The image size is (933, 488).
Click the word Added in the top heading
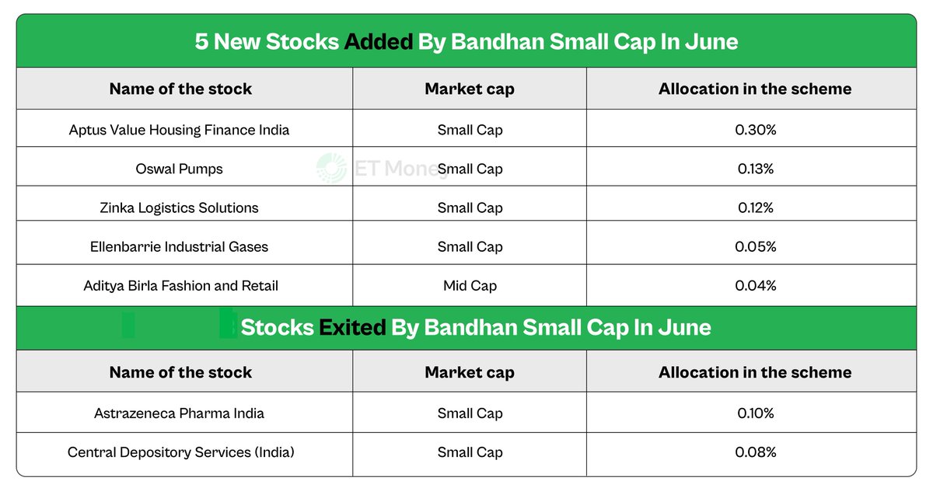[x=378, y=42]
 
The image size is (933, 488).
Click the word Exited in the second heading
[x=352, y=327]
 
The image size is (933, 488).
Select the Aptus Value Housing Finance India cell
[x=179, y=130]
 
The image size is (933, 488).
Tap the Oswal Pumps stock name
[x=179, y=169]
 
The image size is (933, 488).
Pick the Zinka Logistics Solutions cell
[x=179, y=207]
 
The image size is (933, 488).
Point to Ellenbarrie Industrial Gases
[x=179, y=247]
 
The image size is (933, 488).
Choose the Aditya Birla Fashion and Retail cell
[x=180, y=286]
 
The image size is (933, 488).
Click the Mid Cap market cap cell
[x=470, y=286]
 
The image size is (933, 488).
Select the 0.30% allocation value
[x=756, y=130]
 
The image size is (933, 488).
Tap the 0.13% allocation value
[x=756, y=169]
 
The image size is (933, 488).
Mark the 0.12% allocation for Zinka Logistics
[x=756, y=207]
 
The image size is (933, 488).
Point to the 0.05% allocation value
[x=756, y=247]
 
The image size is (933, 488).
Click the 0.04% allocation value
[x=756, y=286]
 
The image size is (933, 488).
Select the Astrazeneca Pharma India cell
[x=179, y=413]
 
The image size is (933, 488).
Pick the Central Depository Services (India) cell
[x=180, y=452]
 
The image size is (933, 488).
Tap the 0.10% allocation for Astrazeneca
[x=756, y=413]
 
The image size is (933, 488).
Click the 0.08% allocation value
[x=756, y=452]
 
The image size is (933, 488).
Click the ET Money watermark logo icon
[x=331, y=168]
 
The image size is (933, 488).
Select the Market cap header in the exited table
[x=470, y=373]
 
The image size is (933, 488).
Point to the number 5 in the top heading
[x=201, y=42]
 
